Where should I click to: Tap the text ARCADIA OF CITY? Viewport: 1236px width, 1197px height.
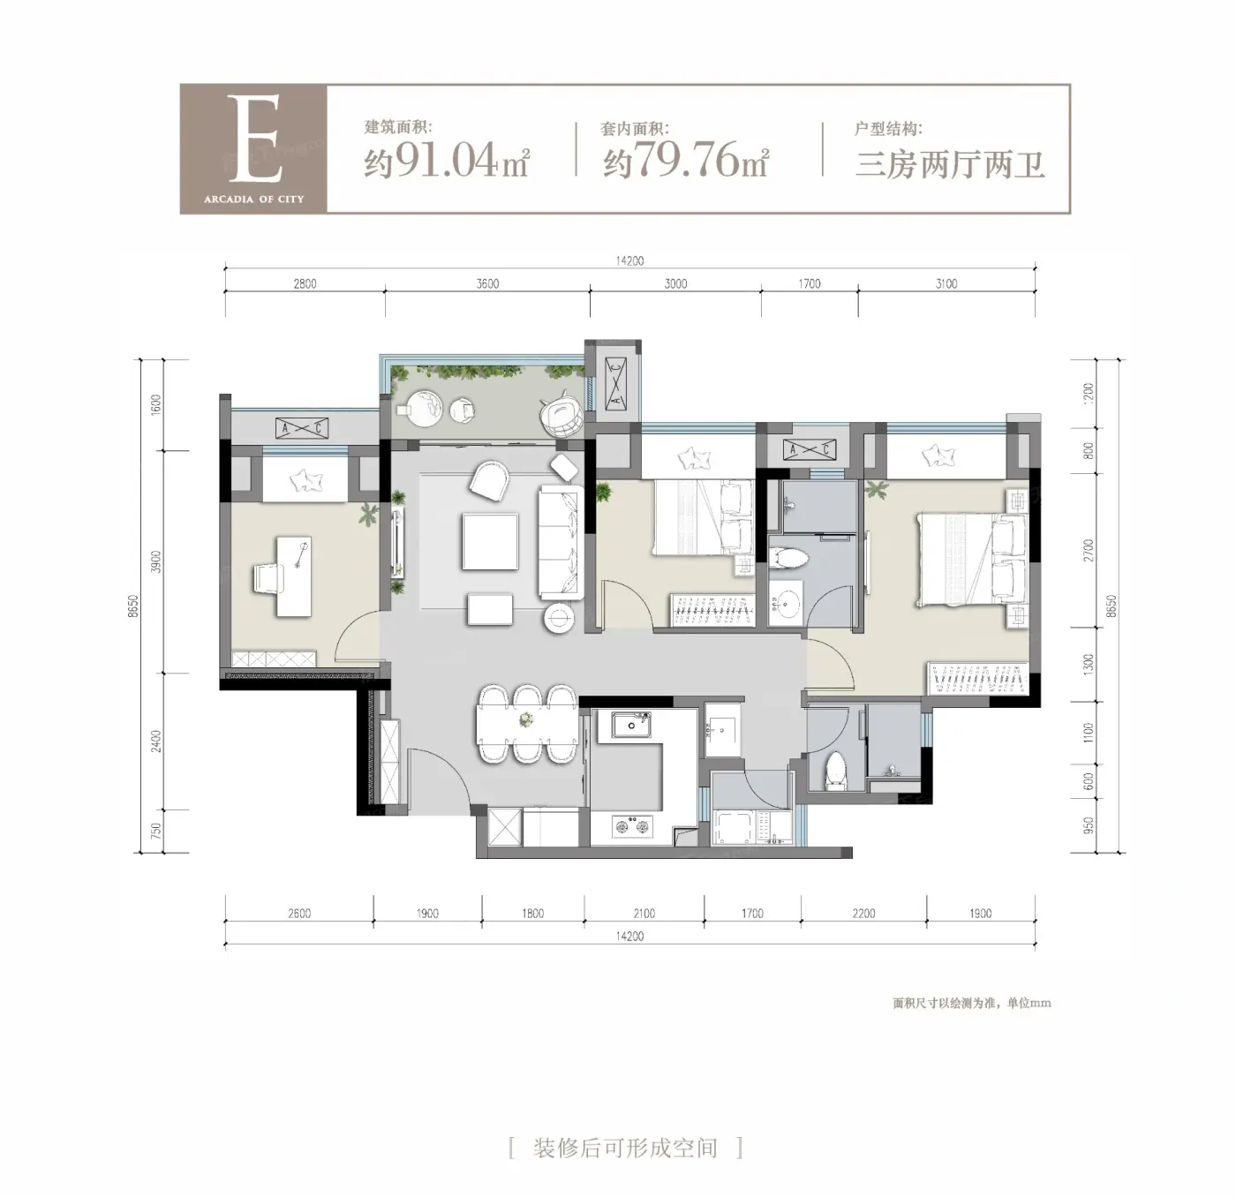coord(254,199)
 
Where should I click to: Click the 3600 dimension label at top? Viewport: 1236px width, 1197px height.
coord(487,284)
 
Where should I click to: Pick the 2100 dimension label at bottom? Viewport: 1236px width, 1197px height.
coord(644,913)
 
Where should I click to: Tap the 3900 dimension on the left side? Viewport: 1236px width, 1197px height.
coord(156,561)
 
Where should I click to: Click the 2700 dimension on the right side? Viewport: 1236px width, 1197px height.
coord(1089,550)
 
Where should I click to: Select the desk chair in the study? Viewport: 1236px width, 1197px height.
coord(268,578)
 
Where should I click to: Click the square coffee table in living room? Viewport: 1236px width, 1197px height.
coord(490,542)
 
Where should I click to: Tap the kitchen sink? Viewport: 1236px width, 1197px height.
coord(630,725)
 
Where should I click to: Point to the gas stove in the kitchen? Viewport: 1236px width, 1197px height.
coord(633,825)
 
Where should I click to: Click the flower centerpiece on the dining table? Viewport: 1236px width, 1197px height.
coord(526,719)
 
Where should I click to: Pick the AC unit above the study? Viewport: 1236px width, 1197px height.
coord(302,429)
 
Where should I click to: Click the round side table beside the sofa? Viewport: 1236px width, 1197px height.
coord(559,617)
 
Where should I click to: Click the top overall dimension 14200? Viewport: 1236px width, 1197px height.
coord(629,261)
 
